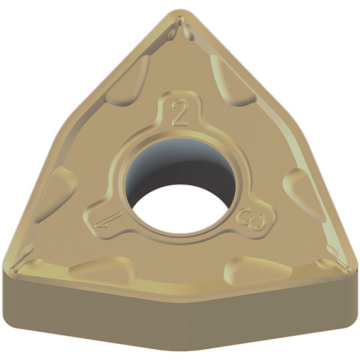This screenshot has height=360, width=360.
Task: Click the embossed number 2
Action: click(x=180, y=113)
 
